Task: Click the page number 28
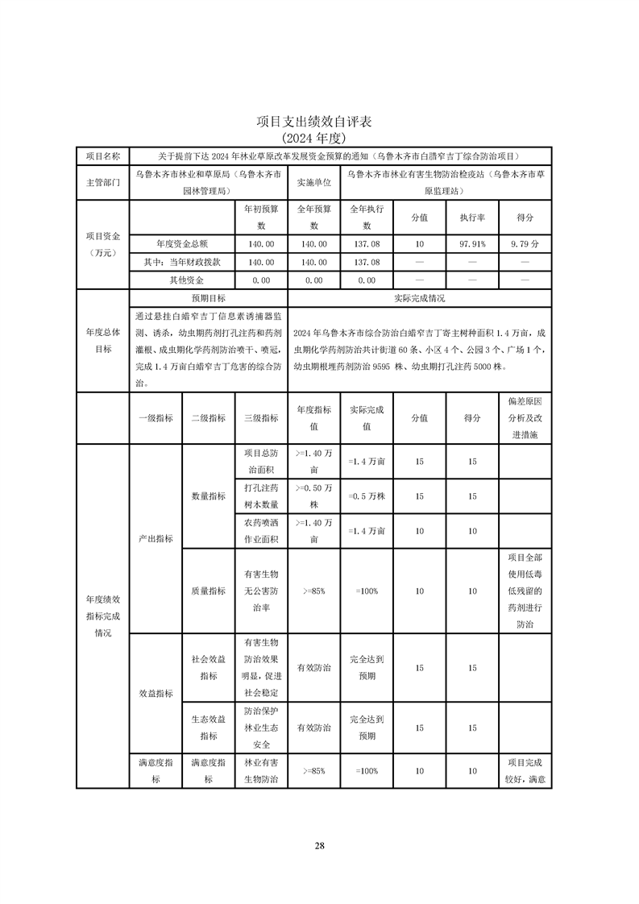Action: coord(319,845)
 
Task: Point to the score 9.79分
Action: coord(525,243)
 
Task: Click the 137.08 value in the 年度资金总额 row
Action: coord(367,243)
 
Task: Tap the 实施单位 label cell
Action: coord(313,183)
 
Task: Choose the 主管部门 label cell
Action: coord(102,183)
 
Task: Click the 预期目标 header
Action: coord(208,298)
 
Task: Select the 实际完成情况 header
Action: coord(419,298)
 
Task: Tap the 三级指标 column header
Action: coord(260,418)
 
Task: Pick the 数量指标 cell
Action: coord(208,497)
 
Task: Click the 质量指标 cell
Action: coord(208,591)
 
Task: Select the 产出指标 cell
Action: coord(156,537)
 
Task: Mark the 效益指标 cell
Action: coord(156,692)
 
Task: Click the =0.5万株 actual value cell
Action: coord(367,496)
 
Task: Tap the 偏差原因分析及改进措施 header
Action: coord(525,418)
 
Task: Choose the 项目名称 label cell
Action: coord(102,156)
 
